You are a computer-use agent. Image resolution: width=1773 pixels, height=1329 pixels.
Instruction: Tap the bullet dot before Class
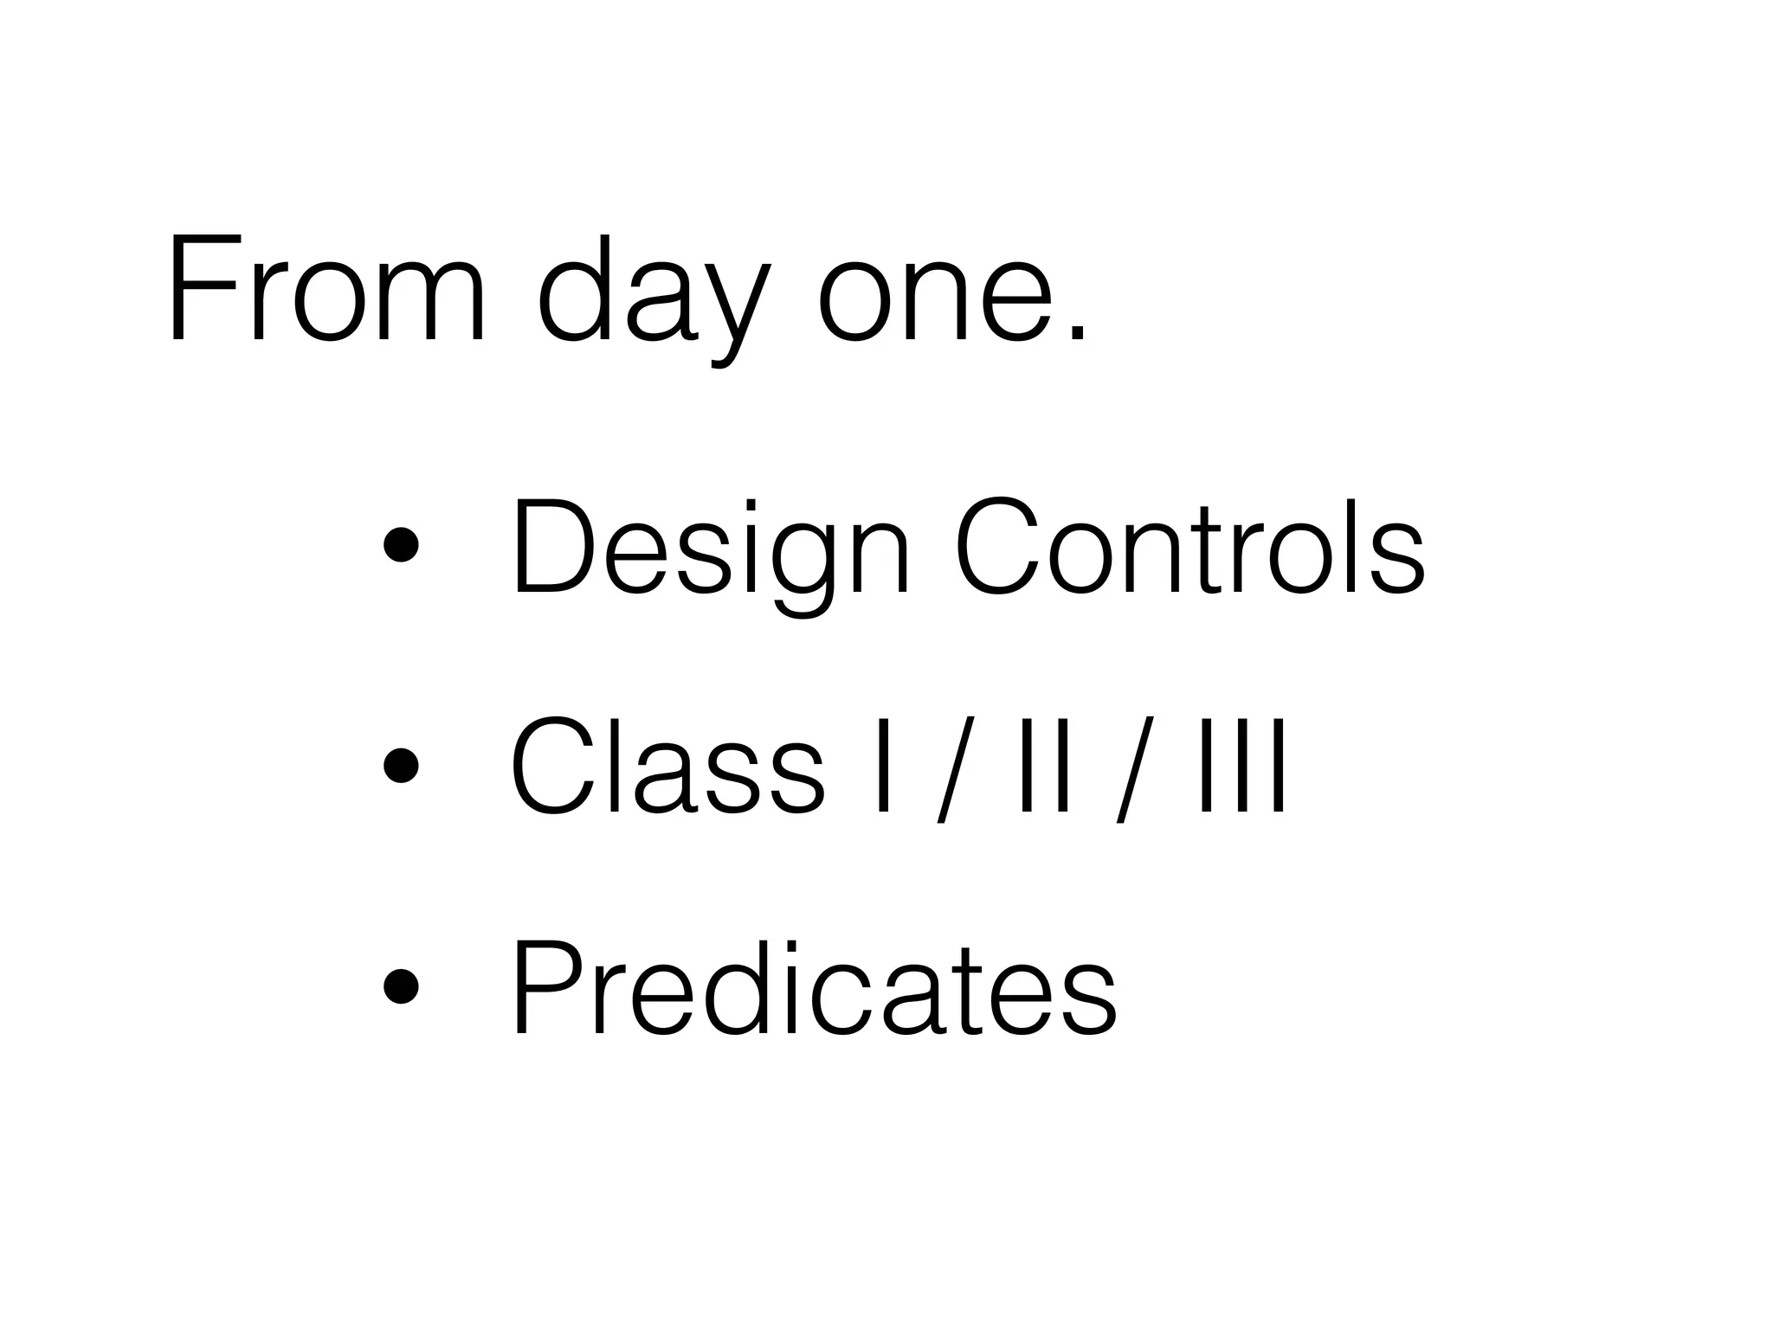pos(401,765)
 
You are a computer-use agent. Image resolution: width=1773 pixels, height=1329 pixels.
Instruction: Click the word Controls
pos(1190,547)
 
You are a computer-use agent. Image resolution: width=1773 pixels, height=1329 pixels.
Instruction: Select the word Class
pos(667,765)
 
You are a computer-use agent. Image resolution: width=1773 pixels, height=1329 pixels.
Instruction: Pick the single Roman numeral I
pos(883,765)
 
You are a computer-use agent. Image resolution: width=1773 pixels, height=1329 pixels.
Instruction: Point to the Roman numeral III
pos(1243,765)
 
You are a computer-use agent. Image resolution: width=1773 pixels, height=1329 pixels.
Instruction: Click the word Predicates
pos(814,986)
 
